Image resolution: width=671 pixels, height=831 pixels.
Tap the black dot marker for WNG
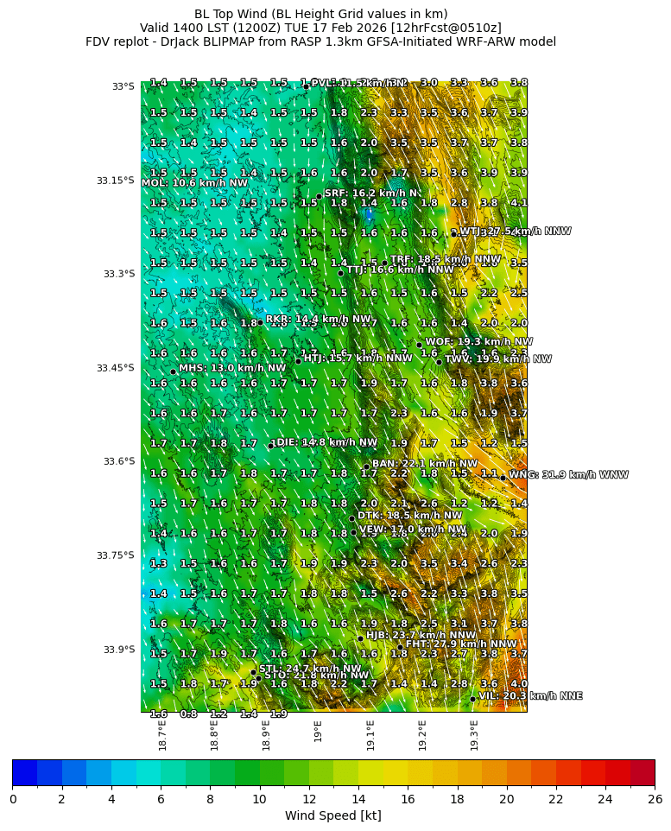[x=503, y=478]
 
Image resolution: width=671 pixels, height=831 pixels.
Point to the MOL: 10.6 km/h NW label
[x=194, y=183]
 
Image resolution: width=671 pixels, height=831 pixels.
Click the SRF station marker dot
[x=319, y=196]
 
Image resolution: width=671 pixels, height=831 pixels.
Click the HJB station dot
[x=360, y=638]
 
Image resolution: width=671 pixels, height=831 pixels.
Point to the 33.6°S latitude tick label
[x=116, y=461]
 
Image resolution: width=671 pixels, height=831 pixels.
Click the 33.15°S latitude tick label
[x=116, y=181]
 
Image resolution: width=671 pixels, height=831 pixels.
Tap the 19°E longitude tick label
[x=318, y=731]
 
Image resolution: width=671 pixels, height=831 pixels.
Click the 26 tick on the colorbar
[x=655, y=799]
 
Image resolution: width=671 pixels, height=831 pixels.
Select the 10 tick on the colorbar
[x=259, y=799]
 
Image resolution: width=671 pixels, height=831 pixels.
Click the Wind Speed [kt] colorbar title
[x=333, y=815]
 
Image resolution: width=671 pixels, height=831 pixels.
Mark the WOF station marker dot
[x=420, y=345]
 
